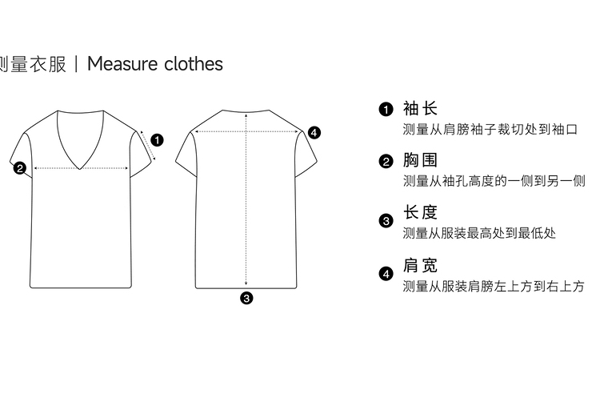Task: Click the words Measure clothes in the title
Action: click(x=154, y=64)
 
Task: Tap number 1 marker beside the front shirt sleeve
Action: click(x=157, y=140)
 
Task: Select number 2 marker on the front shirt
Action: click(x=20, y=168)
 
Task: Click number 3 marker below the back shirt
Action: click(x=246, y=298)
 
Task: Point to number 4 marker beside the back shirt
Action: click(x=314, y=132)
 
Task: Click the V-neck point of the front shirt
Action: click(x=81, y=169)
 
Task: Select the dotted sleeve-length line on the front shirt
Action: click(x=146, y=144)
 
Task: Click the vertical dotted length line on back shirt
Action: click(x=246, y=208)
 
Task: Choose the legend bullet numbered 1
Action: click(x=386, y=110)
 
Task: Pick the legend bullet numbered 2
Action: click(x=386, y=162)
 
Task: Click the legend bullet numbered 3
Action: click(x=386, y=221)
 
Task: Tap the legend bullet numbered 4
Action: click(x=386, y=275)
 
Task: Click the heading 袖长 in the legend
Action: click(x=421, y=108)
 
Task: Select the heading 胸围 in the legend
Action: click(x=421, y=160)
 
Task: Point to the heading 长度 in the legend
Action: click(x=421, y=212)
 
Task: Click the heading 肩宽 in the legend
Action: click(x=421, y=265)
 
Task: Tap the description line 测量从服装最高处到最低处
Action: click(x=479, y=233)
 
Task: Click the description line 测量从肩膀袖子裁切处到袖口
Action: click(x=490, y=129)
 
